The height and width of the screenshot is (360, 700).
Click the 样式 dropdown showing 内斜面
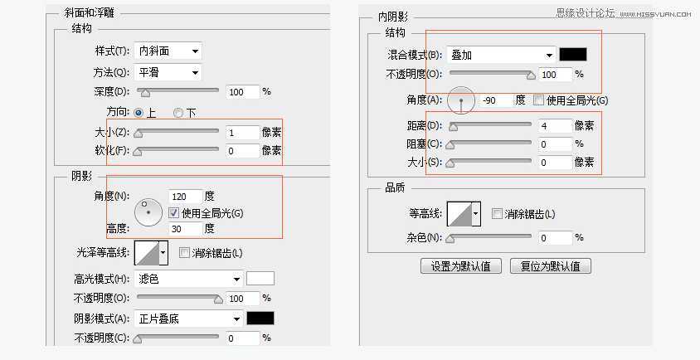(168, 51)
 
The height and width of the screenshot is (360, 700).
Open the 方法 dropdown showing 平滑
(168, 73)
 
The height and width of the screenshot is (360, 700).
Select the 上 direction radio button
(139, 112)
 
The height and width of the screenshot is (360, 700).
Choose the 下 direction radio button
(178, 112)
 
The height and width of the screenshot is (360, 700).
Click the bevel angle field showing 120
(185, 197)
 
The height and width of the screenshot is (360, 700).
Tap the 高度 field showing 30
(185, 228)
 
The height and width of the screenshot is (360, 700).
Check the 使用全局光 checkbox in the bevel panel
(174, 212)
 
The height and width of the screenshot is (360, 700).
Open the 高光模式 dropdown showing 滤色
(188, 279)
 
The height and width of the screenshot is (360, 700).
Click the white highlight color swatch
(260, 279)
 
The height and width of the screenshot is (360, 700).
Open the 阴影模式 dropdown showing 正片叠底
(188, 319)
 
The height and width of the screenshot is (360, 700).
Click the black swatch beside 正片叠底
(260, 319)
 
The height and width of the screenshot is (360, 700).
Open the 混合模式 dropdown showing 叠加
(501, 55)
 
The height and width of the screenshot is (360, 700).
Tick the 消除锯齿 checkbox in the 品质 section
(497, 214)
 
